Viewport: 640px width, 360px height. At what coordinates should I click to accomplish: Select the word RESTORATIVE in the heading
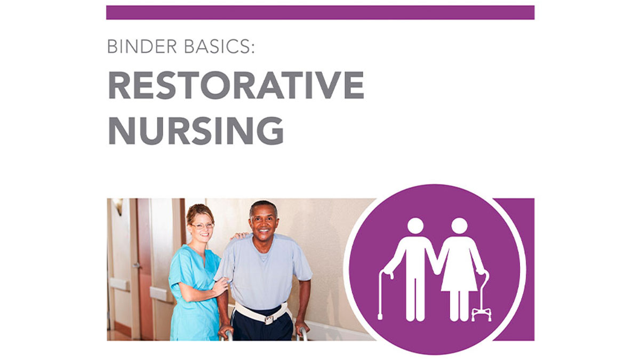coord(236,85)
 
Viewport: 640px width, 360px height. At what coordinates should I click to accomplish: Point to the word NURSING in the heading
coord(196,130)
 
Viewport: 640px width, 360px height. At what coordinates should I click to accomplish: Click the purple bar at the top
coord(320,12)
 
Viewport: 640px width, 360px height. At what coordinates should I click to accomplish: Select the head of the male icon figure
coord(415,226)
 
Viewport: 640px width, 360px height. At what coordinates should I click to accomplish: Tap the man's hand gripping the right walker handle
coord(302,328)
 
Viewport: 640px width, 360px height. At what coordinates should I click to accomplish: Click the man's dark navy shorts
coord(261,331)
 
